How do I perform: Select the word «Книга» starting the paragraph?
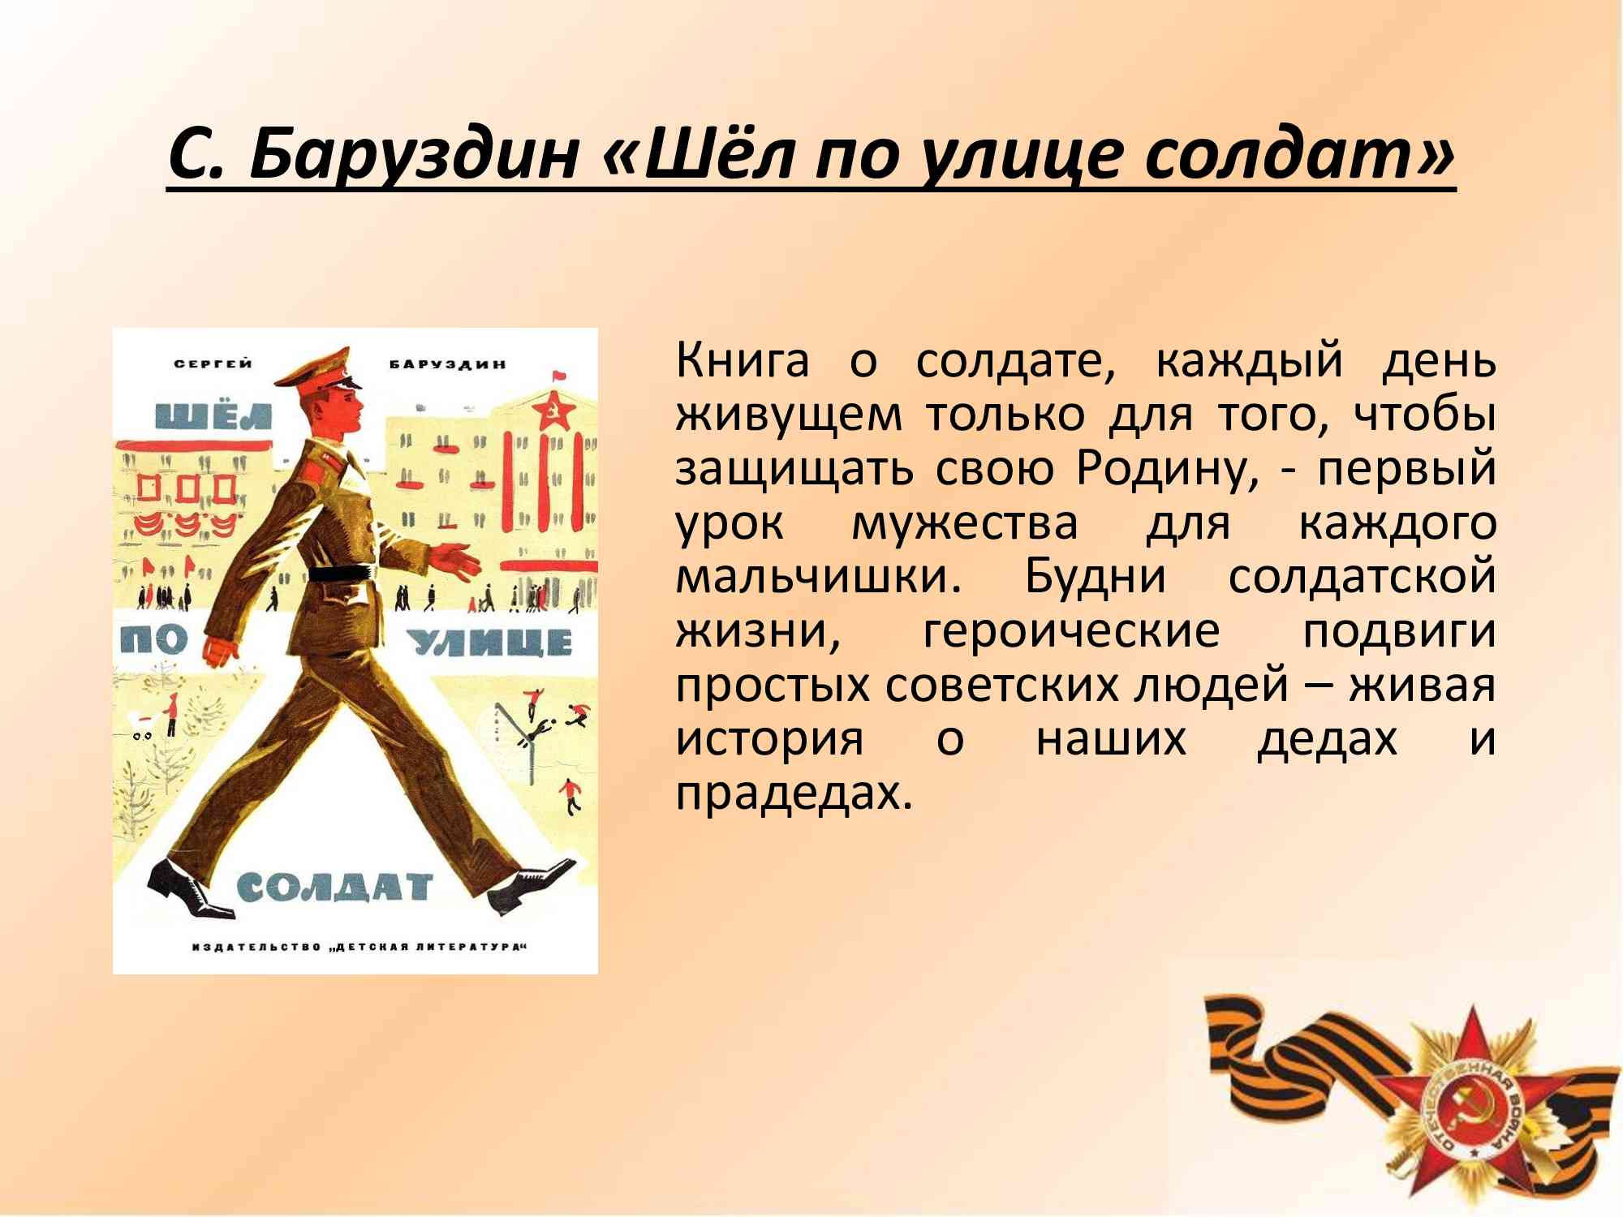(743, 361)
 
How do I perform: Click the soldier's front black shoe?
(532, 887)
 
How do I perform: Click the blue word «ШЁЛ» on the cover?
(214, 415)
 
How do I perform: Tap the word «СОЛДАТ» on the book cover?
(334, 888)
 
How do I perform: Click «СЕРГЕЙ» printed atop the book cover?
(213, 363)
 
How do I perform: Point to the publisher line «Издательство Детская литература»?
(359, 947)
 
